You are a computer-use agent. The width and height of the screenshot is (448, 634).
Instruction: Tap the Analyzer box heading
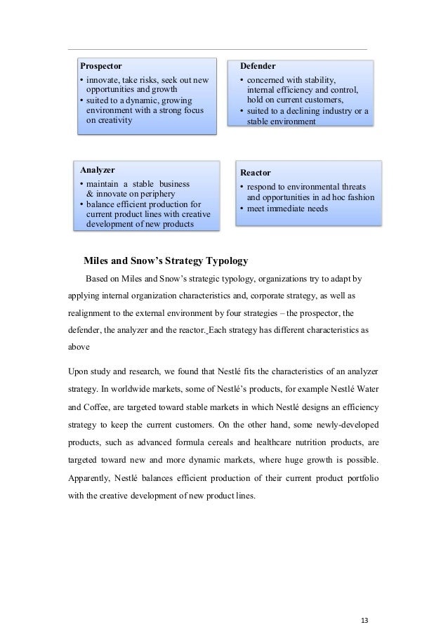pos(98,170)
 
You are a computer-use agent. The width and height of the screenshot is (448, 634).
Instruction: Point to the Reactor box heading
pos(256,172)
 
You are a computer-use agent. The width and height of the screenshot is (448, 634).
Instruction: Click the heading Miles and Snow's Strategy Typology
pos(166,261)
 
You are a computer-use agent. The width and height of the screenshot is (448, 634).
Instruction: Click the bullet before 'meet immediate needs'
pos(242,209)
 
